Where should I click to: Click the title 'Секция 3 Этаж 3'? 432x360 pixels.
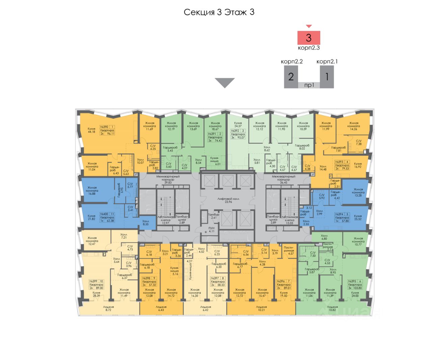tap(219, 12)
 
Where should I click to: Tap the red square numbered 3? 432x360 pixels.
tap(308, 37)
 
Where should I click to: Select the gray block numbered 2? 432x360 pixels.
tap(291, 77)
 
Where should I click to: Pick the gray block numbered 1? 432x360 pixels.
tap(327, 77)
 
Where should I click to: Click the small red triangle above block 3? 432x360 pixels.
tap(308, 26)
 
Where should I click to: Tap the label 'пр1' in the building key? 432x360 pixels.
tap(309, 85)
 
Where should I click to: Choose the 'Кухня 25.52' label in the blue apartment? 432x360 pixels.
tap(358, 218)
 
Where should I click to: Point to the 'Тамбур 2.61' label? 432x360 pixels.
tap(213, 216)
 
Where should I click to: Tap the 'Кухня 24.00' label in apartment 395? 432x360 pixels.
tap(355, 294)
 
